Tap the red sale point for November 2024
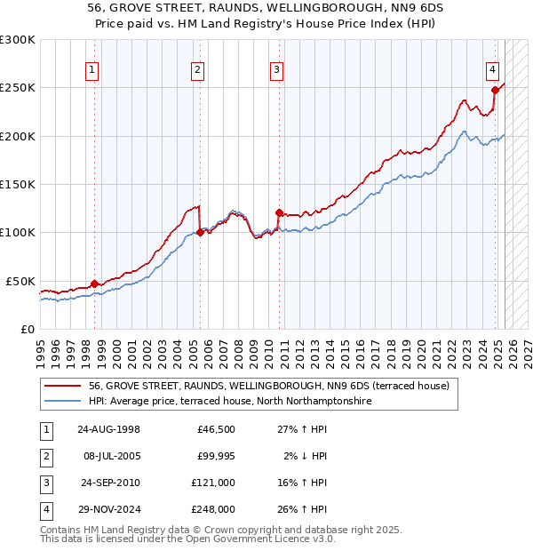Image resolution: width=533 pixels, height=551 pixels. click(495, 90)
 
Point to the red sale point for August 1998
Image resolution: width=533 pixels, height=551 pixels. click(95, 283)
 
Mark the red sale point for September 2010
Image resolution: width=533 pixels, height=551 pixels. click(279, 212)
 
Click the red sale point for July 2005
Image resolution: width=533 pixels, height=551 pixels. click(200, 233)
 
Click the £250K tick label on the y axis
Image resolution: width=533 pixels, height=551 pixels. click(18, 88)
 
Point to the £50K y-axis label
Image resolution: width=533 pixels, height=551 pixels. click(20, 281)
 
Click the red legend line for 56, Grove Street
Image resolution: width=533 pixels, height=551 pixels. click(63, 386)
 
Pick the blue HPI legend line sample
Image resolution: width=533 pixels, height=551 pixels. click(63, 402)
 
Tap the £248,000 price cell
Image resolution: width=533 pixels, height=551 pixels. click(213, 509)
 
